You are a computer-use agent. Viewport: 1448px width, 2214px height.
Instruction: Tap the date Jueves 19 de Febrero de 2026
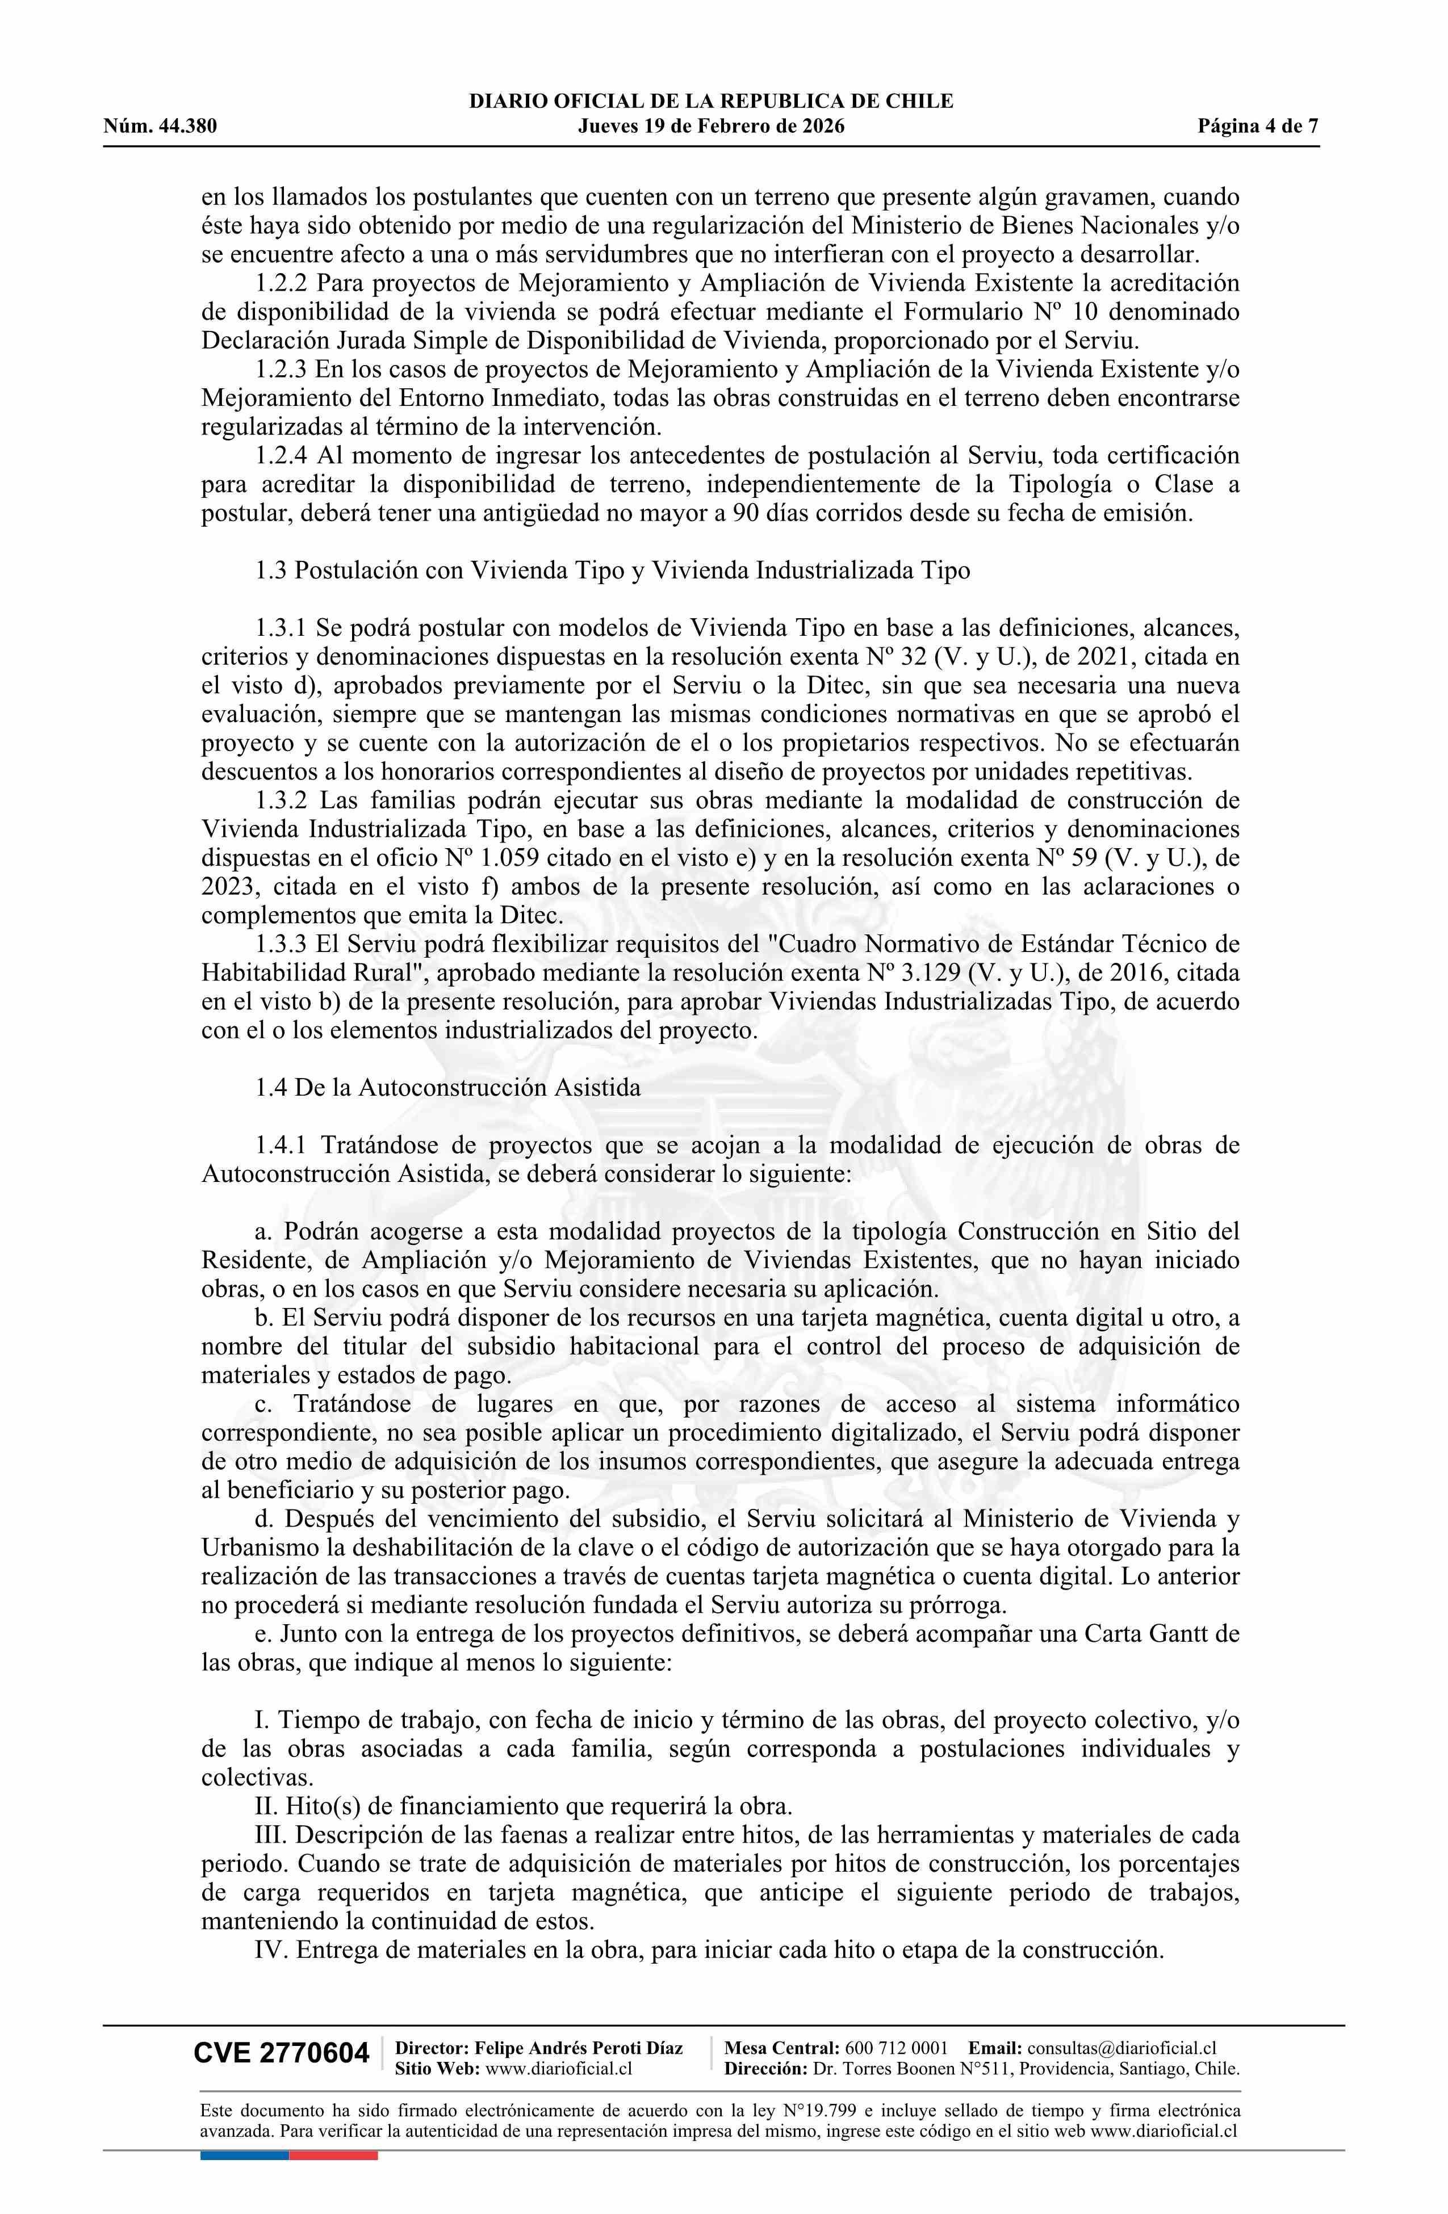click(711, 127)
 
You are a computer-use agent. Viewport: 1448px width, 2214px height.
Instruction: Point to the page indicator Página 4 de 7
click(1258, 127)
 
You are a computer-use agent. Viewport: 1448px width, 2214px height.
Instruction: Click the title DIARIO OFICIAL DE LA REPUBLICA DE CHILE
click(711, 102)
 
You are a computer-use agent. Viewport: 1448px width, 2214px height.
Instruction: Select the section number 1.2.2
click(282, 283)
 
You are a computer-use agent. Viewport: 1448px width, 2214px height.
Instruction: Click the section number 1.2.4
click(282, 455)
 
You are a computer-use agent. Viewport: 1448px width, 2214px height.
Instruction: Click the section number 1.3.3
click(282, 944)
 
